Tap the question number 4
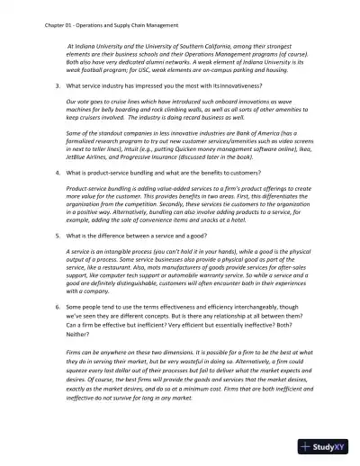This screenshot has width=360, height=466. (58, 171)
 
